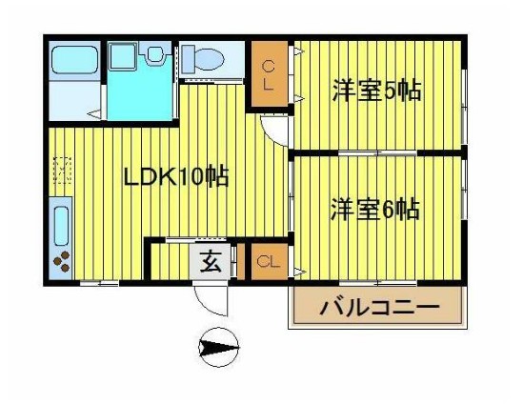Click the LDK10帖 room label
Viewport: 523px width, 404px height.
tap(177, 176)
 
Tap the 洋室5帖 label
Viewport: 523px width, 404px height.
tap(377, 91)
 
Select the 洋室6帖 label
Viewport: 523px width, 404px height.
tap(375, 209)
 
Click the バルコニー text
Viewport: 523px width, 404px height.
tap(378, 308)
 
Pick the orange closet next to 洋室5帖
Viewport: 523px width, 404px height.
tap(269, 75)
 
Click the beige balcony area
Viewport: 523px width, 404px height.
tap(378, 308)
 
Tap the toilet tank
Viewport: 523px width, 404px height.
tap(188, 58)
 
